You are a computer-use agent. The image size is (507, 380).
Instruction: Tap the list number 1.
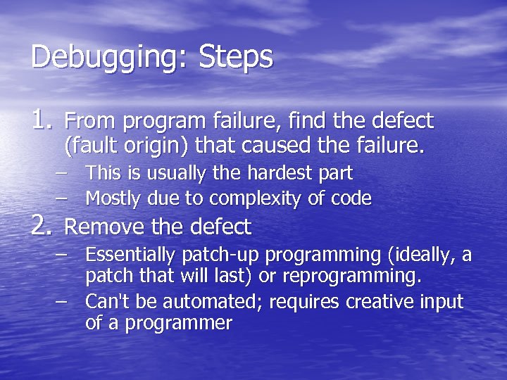click(43, 121)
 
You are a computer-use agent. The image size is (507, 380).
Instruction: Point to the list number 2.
click(43, 226)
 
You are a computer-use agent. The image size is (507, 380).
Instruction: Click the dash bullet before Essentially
click(64, 254)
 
